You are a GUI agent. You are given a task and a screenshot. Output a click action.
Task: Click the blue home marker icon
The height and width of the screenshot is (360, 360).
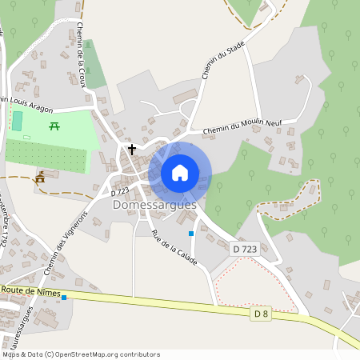coord(180,172)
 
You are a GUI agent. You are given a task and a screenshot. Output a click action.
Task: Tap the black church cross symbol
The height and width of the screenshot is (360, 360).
coord(132,149)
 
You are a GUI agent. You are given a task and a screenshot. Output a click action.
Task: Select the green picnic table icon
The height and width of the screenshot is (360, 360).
coord(55,126)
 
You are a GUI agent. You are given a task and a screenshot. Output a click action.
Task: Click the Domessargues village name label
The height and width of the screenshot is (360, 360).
coord(154,205)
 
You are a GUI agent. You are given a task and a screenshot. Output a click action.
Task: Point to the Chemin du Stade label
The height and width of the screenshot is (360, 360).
coord(222,62)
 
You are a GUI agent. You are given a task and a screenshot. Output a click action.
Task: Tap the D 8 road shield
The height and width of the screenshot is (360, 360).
coord(259,314)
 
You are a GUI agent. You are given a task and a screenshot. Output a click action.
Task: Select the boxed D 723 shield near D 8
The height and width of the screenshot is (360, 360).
coord(246,250)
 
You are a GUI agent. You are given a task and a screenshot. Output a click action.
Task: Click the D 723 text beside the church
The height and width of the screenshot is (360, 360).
coord(121,191)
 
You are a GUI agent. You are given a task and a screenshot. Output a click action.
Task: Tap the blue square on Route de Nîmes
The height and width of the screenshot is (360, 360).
coord(65,298)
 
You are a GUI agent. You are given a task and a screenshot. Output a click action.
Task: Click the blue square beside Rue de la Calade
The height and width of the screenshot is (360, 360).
coord(190,234)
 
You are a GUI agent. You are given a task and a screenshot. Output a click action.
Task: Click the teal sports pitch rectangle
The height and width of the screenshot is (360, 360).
coord(18,122)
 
